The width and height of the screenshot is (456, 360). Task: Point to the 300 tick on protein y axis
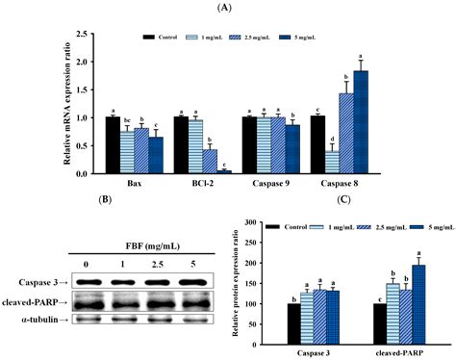272,222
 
